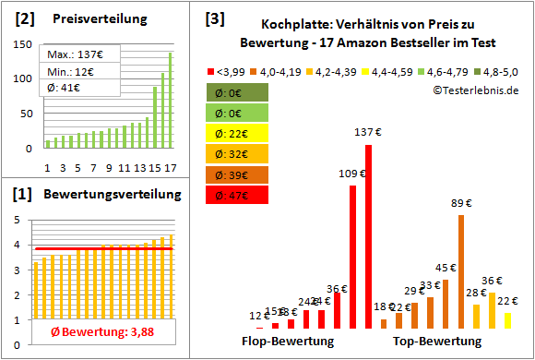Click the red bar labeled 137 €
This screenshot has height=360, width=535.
coord(368,235)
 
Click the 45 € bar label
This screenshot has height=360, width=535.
coord(446,268)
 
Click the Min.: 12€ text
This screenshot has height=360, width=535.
coord(71,71)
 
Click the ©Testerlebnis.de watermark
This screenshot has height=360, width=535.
coord(474,90)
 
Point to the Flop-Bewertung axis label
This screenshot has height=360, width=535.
coord(287,342)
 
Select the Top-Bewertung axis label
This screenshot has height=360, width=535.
coord(437,342)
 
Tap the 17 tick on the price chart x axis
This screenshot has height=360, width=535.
coord(169,166)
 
